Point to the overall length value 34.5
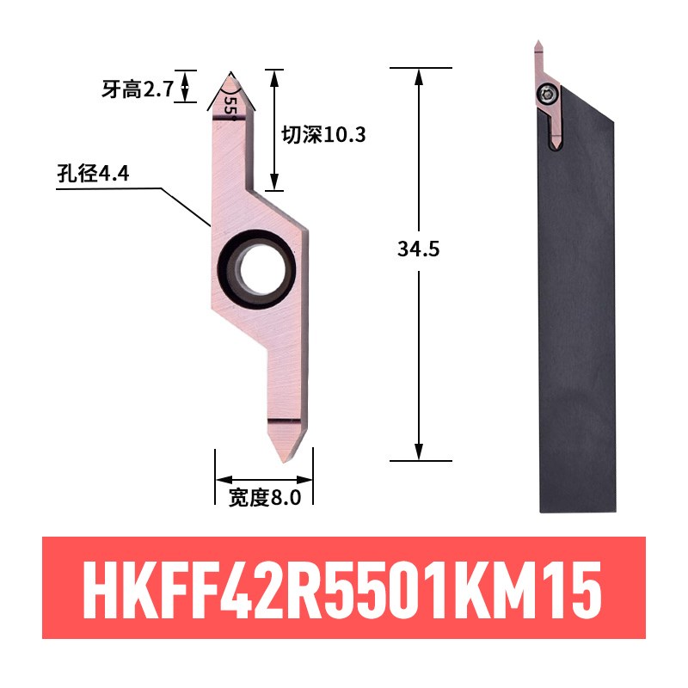click(x=419, y=249)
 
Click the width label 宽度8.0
click(x=264, y=498)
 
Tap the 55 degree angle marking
click(x=230, y=106)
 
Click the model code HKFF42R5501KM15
click(x=344, y=588)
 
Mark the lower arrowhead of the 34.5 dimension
click(x=419, y=452)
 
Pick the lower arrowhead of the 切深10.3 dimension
click(x=274, y=181)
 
